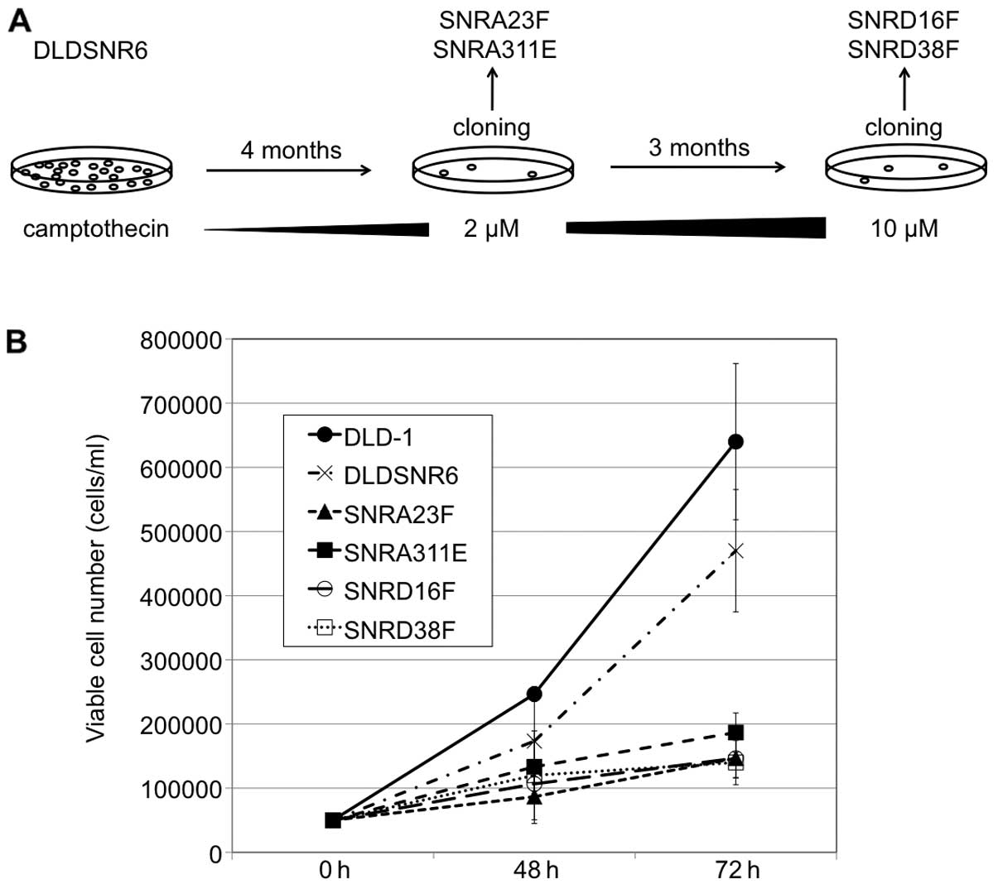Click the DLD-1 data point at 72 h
click(735, 441)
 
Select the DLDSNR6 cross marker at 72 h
click(735, 550)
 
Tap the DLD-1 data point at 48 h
click(534, 694)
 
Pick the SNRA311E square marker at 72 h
click(735, 733)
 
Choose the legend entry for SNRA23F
click(388, 514)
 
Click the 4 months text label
click(291, 151)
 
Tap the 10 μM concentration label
click(904, 228)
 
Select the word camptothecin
click(96, 228)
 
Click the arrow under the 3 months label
click(697, 167)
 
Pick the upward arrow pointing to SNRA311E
click(493, 89)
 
